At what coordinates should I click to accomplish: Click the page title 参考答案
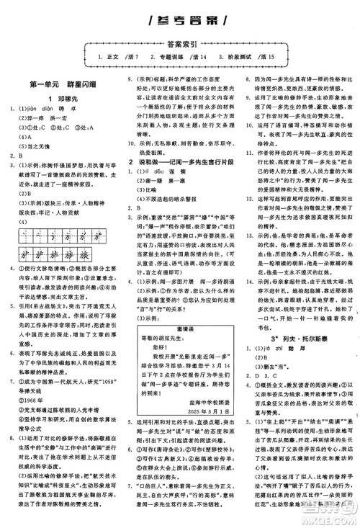[x=179, y=19]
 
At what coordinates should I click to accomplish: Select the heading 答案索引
[x=179, y=42]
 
